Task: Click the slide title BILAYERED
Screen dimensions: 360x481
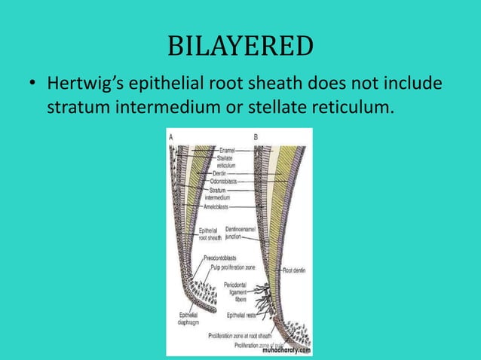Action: tap(240, 46)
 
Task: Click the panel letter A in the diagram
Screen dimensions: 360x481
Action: tap(171, 136)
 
